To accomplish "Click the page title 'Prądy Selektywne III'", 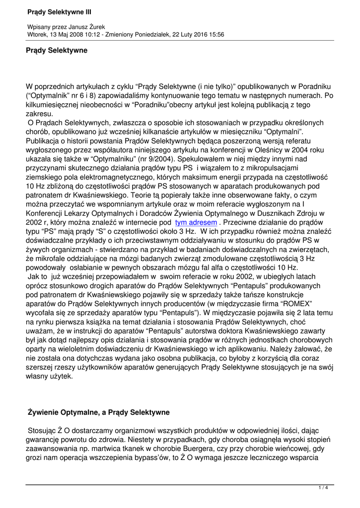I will (59, 11).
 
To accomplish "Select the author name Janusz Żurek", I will (95, 27).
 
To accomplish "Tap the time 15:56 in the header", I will (216, 35).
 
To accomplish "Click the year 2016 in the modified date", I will (197, 35).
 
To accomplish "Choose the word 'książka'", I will (102, 322).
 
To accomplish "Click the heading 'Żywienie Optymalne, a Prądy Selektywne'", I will (99, 412).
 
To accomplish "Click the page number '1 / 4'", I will (323, 488).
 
